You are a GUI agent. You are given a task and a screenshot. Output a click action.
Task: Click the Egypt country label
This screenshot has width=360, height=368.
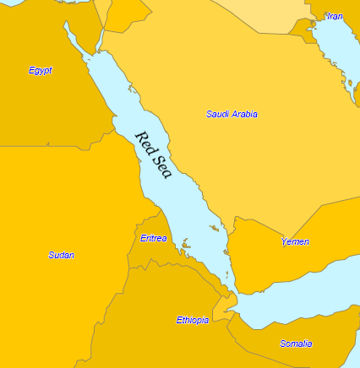coord(40,71)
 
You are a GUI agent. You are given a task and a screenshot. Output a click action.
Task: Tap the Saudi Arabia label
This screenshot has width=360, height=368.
coord(232,114)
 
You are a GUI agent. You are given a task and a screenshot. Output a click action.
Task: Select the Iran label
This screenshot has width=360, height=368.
coord(335,16)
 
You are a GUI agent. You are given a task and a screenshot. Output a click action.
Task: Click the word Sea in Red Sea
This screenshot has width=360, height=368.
coord(162,168)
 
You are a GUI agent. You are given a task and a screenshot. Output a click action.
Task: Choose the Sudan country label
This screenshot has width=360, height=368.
coord(61,255)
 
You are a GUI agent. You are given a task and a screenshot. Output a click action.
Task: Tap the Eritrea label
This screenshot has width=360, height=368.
coord(153,238)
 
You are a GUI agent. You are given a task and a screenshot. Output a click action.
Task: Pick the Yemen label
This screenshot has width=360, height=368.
coord(295,242)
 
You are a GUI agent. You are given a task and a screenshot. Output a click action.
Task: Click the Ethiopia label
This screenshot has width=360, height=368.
coord(192,320)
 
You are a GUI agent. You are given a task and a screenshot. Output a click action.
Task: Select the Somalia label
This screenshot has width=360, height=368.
coord(296,344)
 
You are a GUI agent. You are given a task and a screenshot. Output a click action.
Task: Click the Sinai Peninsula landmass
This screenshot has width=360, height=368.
coord(89,38)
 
